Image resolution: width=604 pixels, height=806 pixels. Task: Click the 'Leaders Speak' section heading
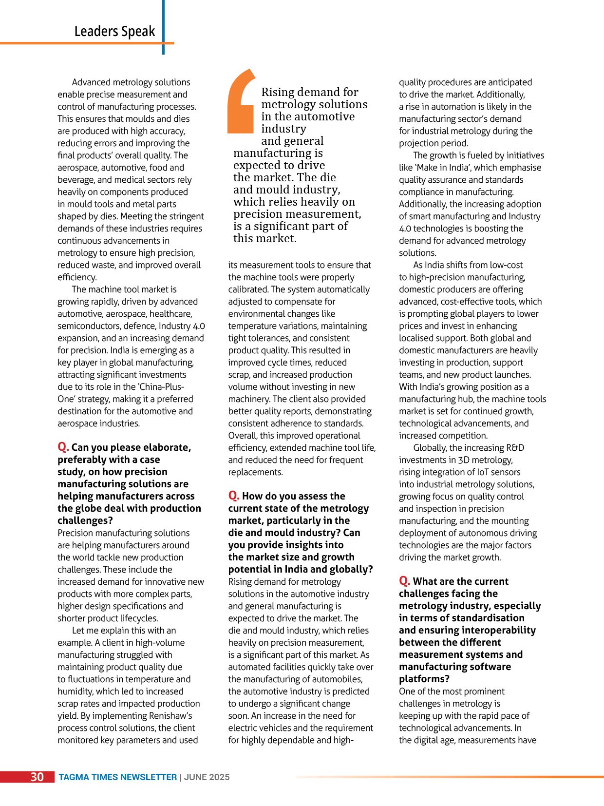click(114, 31)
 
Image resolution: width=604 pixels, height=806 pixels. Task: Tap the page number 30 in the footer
click(37, 777)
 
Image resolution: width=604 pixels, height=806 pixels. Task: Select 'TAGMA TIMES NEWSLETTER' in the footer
click(117, 777)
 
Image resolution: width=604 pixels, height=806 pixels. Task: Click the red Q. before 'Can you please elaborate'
click(63, 447)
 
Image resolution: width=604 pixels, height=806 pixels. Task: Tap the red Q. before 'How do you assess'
click(234, 496)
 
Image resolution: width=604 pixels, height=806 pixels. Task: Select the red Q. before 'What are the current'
click(405, 581)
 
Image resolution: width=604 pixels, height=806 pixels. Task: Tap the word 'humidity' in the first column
click(75, 691)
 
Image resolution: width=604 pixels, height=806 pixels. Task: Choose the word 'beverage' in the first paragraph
click(75, 180)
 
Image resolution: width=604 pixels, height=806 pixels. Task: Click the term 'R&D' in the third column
click(515, 448)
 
